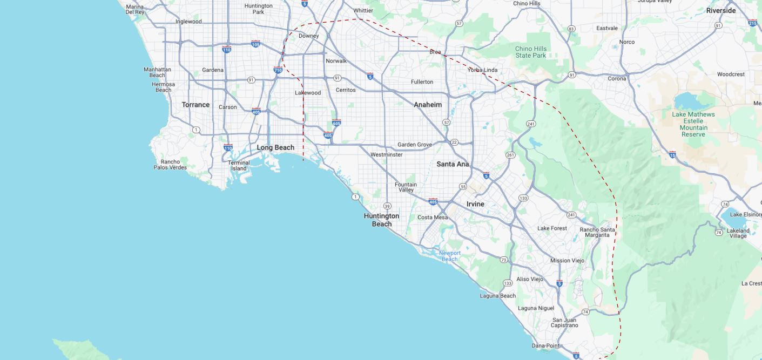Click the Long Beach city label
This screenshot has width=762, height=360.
(275, 147)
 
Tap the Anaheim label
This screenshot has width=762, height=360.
(428, 105)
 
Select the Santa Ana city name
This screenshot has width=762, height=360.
(453, 164)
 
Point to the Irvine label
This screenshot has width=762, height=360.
(475, 204)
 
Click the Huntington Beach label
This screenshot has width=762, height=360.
(381, 220)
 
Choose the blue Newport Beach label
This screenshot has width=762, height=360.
(449, 256)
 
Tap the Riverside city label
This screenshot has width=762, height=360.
(720, 11)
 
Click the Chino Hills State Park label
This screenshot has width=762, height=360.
(530, 52)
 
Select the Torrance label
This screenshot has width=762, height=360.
(195, 105)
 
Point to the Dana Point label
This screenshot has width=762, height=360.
(545, 345)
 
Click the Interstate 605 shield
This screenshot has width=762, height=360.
(336, 123)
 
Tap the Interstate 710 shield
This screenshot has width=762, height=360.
(278, 70)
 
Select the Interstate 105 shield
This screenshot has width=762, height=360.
(255, 43)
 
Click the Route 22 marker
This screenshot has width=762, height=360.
(454, 142)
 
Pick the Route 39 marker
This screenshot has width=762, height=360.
(387, 206)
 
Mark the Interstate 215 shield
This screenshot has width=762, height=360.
(753, 23)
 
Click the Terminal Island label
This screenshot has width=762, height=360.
(239, 165)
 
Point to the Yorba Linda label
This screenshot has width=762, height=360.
(482, 70)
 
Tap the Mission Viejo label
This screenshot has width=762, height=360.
(567, 260)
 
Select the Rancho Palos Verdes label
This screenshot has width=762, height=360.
(170, 165)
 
